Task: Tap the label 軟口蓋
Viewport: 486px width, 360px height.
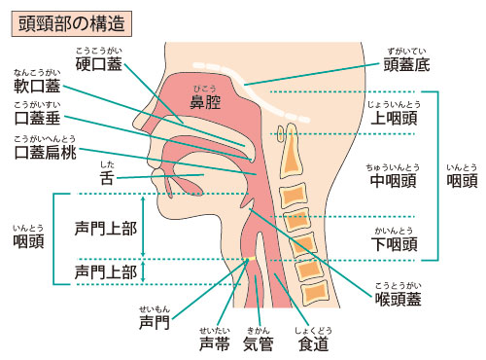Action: [38, 88]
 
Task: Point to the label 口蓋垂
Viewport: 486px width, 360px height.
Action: [38, 122]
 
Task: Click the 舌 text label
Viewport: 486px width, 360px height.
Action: [108, 178]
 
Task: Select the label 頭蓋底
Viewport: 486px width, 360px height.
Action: [406, 65]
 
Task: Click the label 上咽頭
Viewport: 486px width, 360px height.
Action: [395, 118]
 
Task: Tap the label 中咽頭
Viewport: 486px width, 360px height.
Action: [394, 179]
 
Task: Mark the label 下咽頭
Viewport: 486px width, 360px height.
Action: [395, 243]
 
